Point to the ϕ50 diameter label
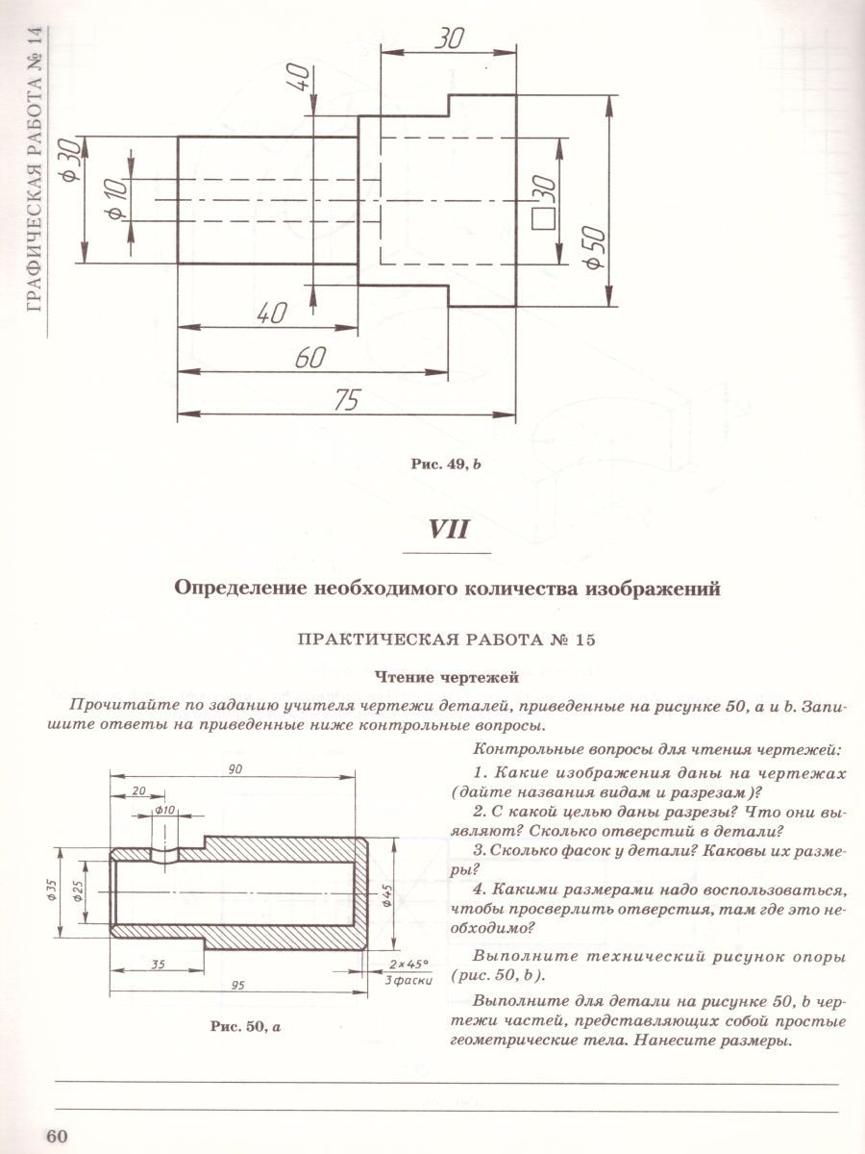[592, 248]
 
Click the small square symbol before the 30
[545, 217]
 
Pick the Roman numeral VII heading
[447, 528]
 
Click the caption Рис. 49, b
[445, 464]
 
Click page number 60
[56, 1136]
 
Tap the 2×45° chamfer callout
[408, 963]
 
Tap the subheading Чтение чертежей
[447, 678]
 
